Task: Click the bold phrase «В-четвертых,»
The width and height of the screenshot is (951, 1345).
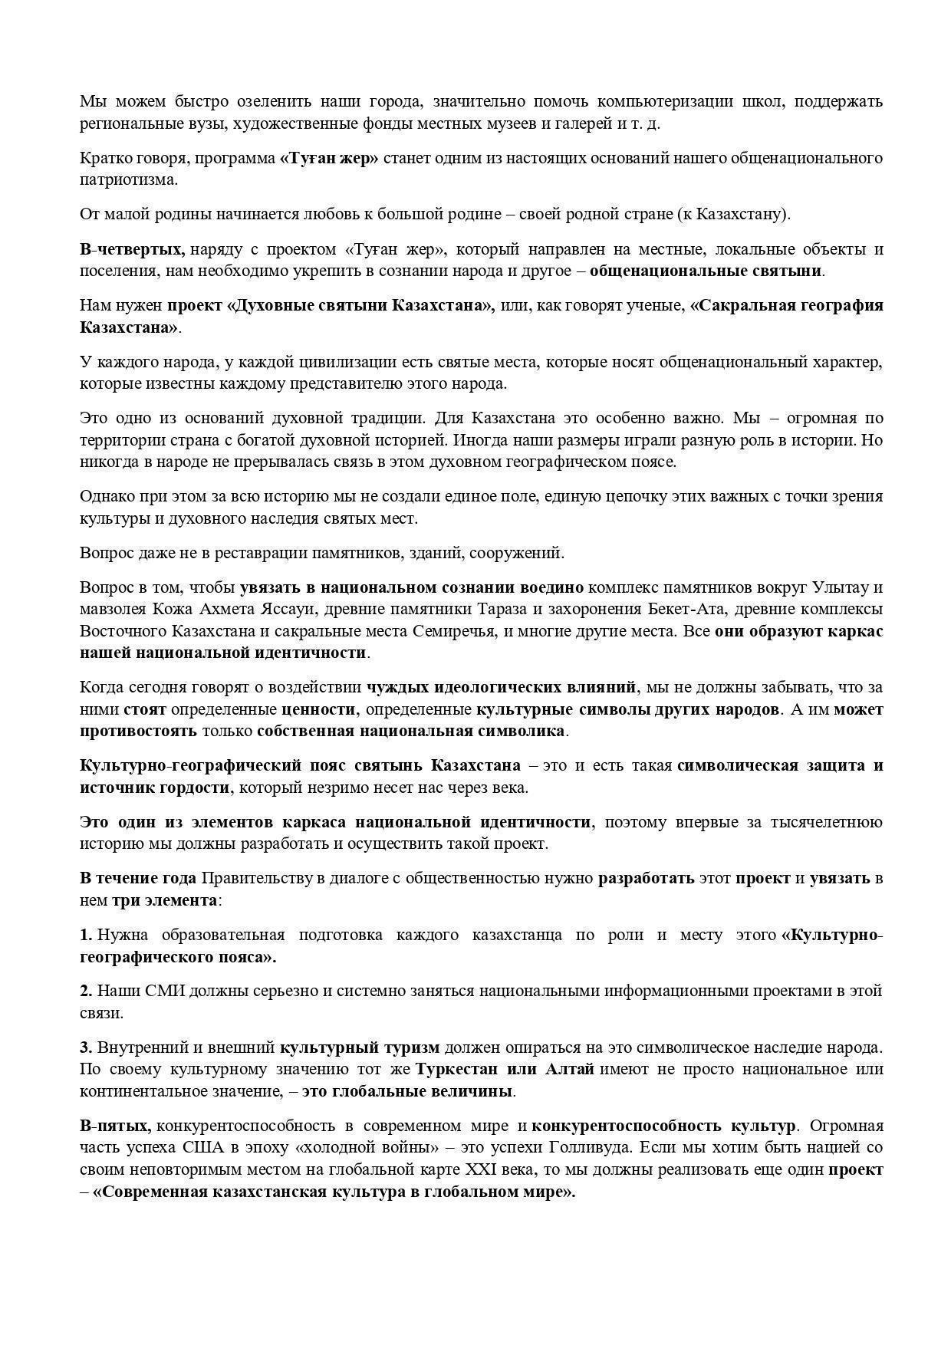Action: tap(132, 249)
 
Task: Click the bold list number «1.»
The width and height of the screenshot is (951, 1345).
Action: tap(86, 935)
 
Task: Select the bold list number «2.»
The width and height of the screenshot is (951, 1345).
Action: tap(86, 991)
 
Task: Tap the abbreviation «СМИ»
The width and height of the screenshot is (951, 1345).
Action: tap(161, 991)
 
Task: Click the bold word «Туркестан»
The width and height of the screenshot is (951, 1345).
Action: tap(455, 1069)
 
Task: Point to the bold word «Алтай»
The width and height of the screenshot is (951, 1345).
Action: tap(570, 1069)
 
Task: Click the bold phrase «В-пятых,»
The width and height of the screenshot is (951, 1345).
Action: tap(115, 1126)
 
